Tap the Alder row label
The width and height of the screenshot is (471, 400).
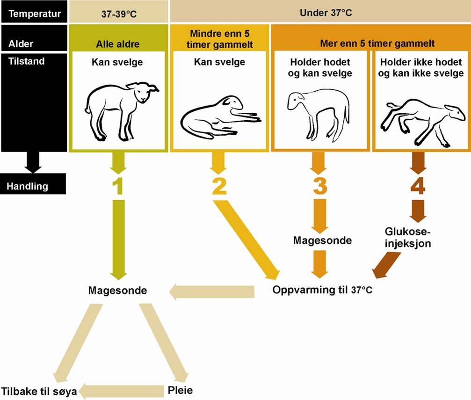[x=22, y=44]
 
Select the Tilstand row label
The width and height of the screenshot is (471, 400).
[x=26, y=61]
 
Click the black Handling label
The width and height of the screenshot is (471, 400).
[x=28, y=186]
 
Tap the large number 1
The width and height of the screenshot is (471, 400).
[x=117, y=186]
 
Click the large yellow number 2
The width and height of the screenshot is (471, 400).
[x=219, y=186]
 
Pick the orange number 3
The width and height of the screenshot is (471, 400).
[x=320, y=186]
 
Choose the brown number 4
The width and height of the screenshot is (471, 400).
[x=418, y=186]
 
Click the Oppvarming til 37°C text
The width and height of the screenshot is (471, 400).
[x=322, y=290]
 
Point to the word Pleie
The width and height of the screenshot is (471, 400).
[x=180, y=390]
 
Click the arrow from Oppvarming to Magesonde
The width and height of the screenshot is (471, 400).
[x=212, y=292]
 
